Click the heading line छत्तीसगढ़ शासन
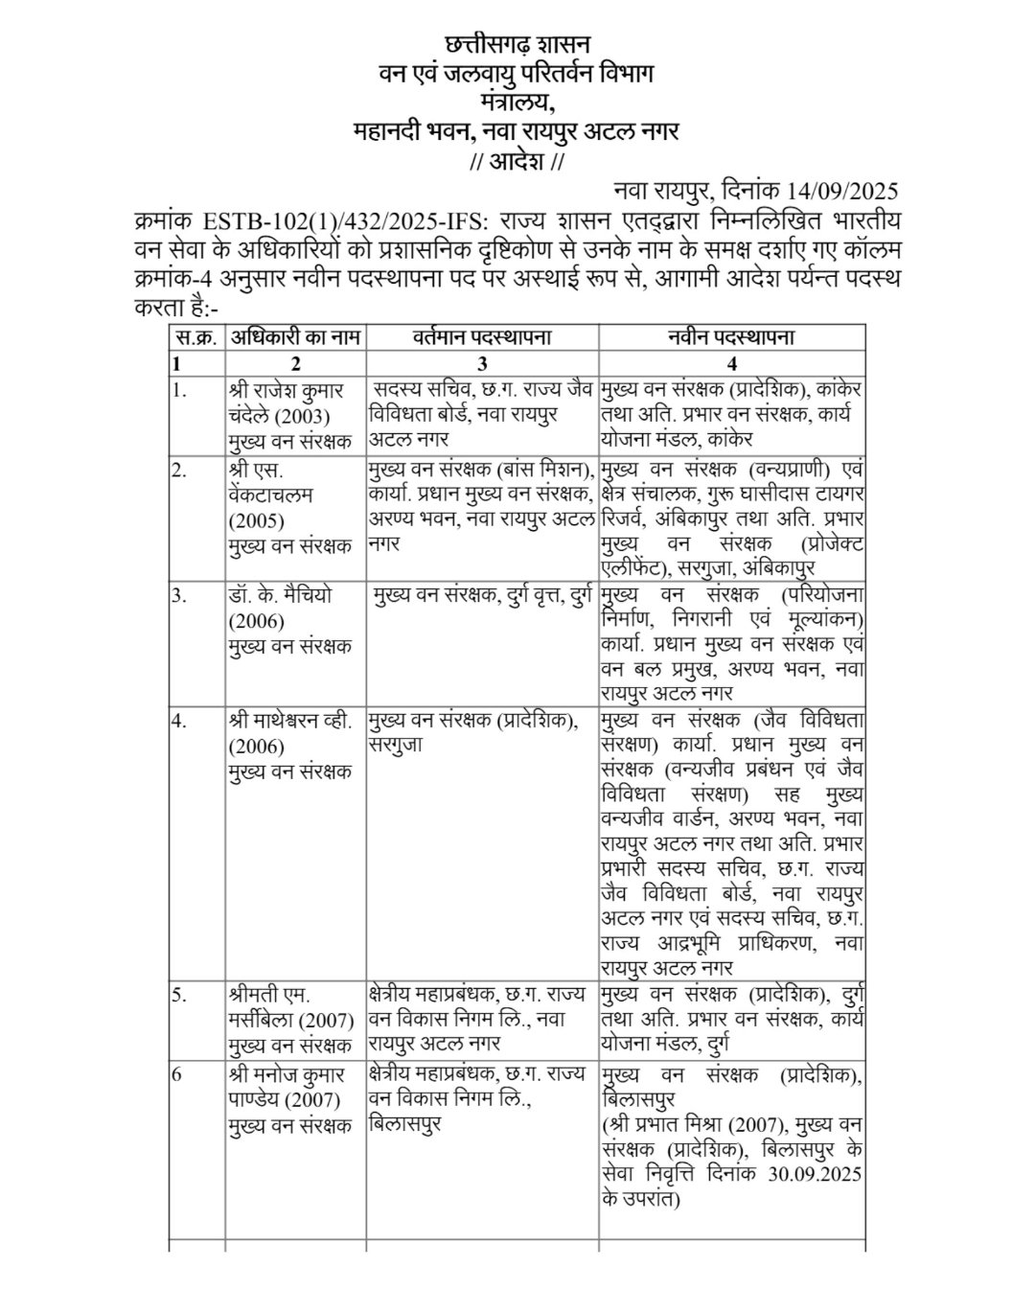[x=518, y=44]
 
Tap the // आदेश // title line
[x=518, y=161]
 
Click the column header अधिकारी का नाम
[x=295, y=338]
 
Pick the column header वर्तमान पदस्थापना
[x=482, y=338]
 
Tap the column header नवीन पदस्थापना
[x=732, y=338]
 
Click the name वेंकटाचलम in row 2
[x=272, y=495]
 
